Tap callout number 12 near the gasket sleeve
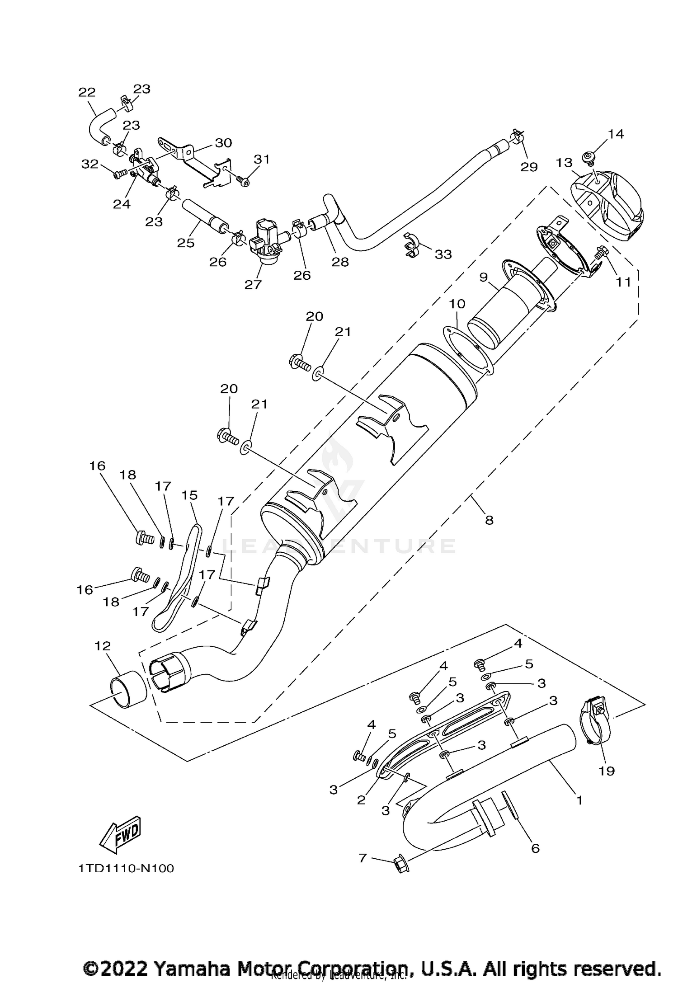(x=103, y=646)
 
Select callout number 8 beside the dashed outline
(x=489, y=520)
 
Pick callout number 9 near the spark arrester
(x=484, y=277)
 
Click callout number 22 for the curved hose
(x=87, y=92)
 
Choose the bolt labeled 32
(x=120, y=173)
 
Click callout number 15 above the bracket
(x=189, y=495)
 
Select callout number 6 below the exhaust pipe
(x=535, y=848)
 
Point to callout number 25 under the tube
(x=185, y=243)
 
